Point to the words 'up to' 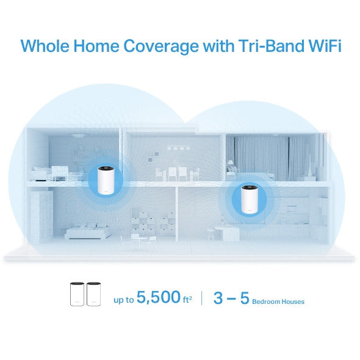click(124, 300)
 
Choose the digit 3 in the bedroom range click(218, 298)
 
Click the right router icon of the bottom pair click(93, 294)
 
